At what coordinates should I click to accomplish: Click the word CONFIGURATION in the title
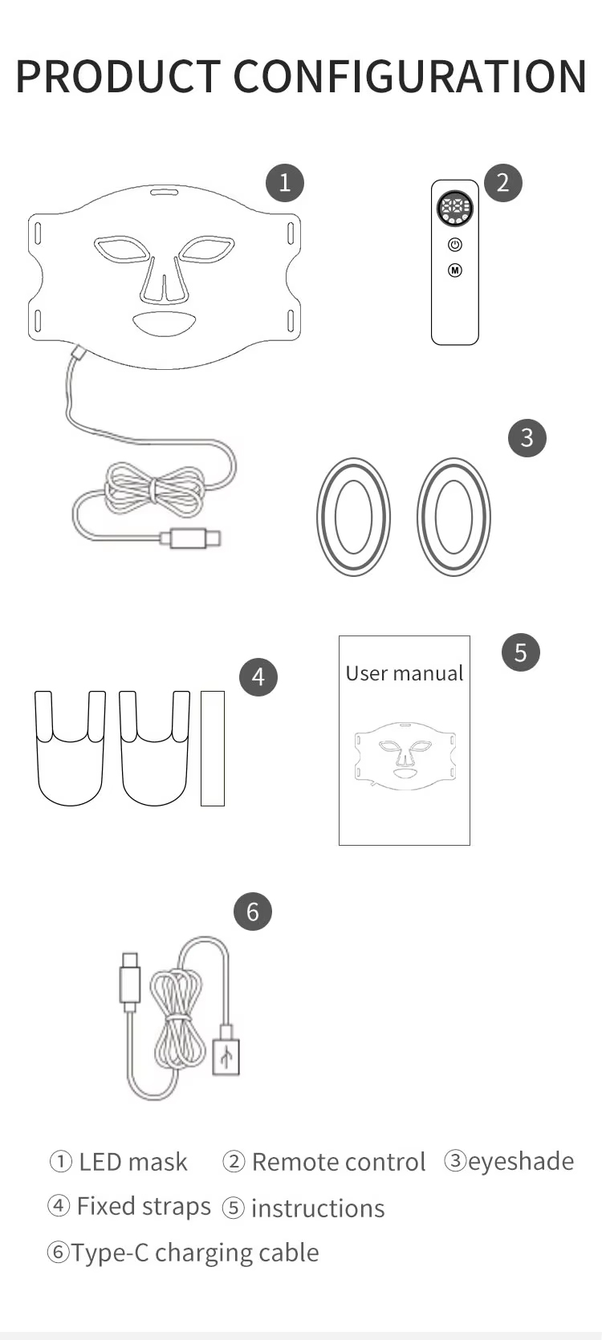coord(410,77)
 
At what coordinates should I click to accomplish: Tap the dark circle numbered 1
coord(285,183)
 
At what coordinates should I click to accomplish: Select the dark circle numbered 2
coord(503,183)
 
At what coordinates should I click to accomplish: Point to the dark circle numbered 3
coord(527,437)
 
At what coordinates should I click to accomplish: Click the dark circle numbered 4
coord(258,677)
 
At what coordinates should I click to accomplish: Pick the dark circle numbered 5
coord(521,652)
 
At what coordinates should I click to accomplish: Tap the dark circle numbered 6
coord(253,912)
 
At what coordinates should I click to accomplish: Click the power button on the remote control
coord(455,245)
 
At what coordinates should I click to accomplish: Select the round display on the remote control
coord(455,209)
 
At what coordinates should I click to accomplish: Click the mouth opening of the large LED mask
coord(165,323)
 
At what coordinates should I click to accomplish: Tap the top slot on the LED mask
coord(164,193)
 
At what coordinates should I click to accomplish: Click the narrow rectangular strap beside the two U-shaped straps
coord(212,748)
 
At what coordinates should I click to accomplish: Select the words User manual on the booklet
coord(405,673)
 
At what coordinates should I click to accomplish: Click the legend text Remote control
coord(338,1162)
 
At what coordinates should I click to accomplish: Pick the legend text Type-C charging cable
coord(195,1253)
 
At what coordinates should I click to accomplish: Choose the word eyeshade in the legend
coord(520,1161)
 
